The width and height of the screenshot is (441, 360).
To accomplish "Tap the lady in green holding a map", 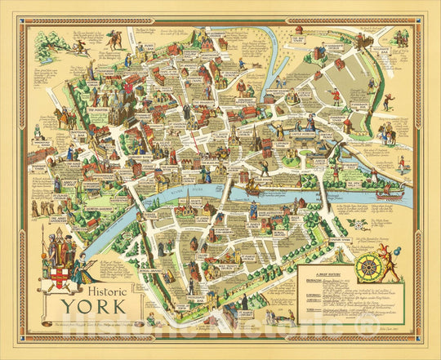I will tap(80, 272).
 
